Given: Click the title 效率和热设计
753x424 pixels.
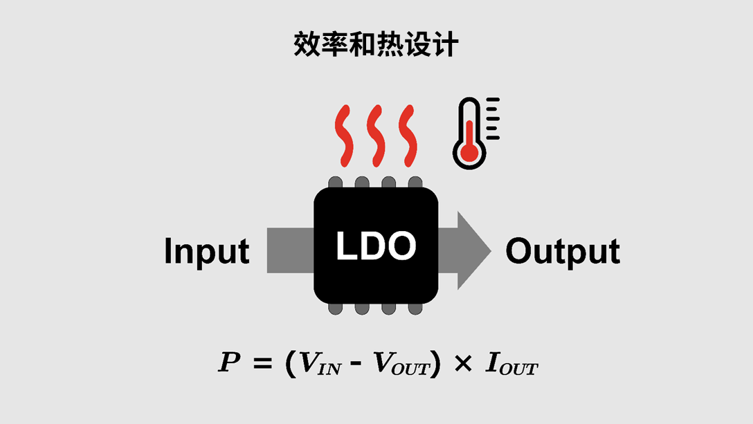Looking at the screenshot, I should (376, 44).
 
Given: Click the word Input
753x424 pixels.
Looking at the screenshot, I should (206, 252).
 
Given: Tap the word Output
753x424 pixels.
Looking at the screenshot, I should (562, 251).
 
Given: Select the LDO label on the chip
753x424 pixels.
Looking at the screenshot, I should (376, 246).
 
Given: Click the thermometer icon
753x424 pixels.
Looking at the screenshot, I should (471, 133).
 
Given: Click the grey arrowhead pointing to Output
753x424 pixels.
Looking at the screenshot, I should (471, 250).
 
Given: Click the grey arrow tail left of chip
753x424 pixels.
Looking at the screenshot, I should (289, 250).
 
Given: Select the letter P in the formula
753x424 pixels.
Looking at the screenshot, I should (229, 363).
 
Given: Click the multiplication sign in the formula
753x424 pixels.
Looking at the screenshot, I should (462, 364).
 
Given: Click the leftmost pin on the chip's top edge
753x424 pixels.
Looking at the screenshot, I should (336, 183).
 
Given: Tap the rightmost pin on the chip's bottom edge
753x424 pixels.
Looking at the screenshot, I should (415, 308).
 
